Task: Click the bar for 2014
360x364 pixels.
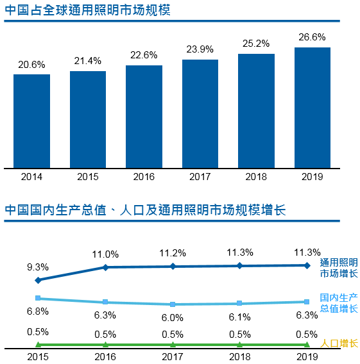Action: pos(31,120)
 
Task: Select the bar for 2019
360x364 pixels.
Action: pos(312,107)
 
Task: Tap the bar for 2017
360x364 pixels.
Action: pos(200,113)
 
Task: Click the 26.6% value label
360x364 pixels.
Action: pos(312,38)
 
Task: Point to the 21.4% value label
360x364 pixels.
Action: pos(88,62)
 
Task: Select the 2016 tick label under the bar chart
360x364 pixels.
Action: pos(144,177)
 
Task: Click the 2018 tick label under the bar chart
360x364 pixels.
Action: pos(256,177)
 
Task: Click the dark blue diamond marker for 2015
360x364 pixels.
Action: pos(39,280)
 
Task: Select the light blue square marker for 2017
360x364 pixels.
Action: pos(173,304)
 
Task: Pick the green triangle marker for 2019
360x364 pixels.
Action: pos(307,345)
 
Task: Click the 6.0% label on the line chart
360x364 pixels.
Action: pos(173,317)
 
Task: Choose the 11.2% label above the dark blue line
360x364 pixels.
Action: pos(173,252)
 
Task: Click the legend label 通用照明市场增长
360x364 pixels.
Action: pos(339,269)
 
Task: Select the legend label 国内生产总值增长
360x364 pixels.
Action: pos(339,304)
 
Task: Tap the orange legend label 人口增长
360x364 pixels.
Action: pos(339,343)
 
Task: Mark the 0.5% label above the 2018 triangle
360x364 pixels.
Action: pos(239,334)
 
